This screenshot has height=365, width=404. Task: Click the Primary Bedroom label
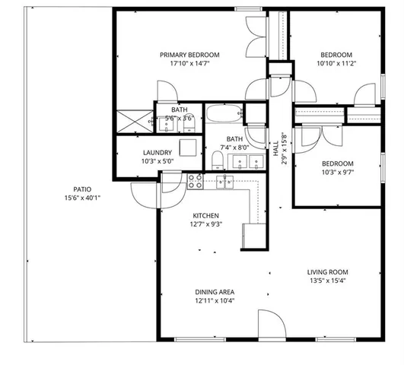coord(189,55)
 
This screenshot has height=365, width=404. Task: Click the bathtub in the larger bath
coord(224,116)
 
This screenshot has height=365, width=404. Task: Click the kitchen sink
coord(225,181)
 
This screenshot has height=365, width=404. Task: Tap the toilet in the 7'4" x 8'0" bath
coord(218,160)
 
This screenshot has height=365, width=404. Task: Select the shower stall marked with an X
coord(132,121)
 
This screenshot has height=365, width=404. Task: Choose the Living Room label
coord(327,271)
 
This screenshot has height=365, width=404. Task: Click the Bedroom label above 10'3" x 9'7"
coord(336,163)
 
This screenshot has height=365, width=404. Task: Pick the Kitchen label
coord(205,215)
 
